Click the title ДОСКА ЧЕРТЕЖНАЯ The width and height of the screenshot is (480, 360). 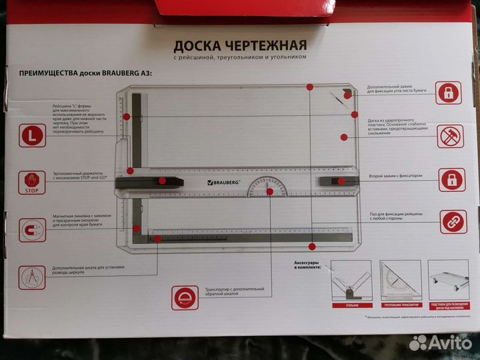coord(240,46)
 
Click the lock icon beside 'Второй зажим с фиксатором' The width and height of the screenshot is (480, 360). coord(450,179)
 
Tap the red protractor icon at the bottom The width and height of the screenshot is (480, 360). coord(185,297)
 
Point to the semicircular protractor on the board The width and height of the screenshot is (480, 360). coord(269,187)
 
